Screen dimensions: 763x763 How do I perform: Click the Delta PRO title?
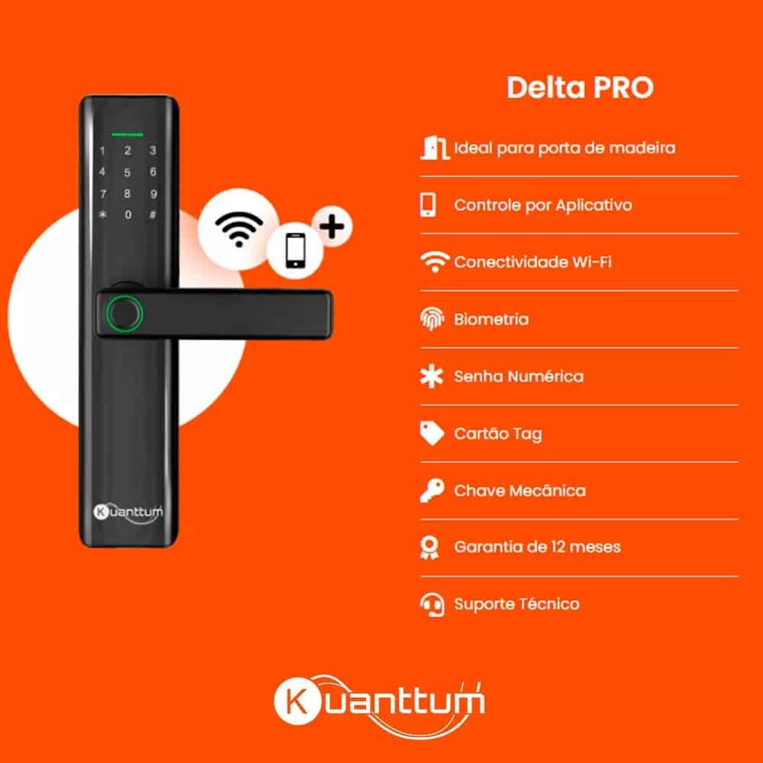click(580, 88)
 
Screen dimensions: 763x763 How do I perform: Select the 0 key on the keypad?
click(128, 214)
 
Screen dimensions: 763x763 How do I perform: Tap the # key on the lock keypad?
click(153, 214)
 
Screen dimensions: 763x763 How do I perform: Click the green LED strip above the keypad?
click(127, 134)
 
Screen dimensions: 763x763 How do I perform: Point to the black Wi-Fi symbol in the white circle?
click(238, 229)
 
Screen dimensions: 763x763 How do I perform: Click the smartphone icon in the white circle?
click(295, 250)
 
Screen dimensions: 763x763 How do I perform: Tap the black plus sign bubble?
click(333, 227)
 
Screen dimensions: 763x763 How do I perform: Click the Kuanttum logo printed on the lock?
click(128, 513)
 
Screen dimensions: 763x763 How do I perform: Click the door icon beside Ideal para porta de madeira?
click(433, 148)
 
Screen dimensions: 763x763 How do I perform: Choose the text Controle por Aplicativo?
click(542, 205)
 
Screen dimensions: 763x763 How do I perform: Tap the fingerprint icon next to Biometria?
click(432, 319)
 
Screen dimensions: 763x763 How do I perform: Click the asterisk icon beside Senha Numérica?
click(432, 376)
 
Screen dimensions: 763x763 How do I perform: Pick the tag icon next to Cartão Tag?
click(432, 433)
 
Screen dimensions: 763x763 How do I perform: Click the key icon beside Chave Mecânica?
click(432, 490)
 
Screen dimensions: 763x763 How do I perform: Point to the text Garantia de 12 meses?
click(537, 547)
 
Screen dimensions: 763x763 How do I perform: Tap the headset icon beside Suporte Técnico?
click(432, 604)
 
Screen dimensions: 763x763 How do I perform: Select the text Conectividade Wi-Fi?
click(533, 262)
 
